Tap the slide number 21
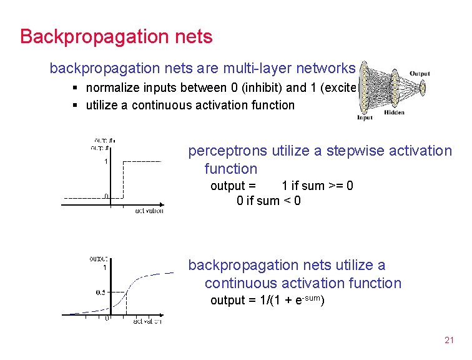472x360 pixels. [448, 341]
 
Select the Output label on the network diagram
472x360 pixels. [420, 74]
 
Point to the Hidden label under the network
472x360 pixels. [394, 112]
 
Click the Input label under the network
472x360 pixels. [365, 117]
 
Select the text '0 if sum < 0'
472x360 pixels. [268, 201]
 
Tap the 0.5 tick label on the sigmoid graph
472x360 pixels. [101, 292]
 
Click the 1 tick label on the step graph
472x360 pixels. [107, 162]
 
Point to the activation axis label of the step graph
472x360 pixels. [149, 211]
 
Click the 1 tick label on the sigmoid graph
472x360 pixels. [104, 267]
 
